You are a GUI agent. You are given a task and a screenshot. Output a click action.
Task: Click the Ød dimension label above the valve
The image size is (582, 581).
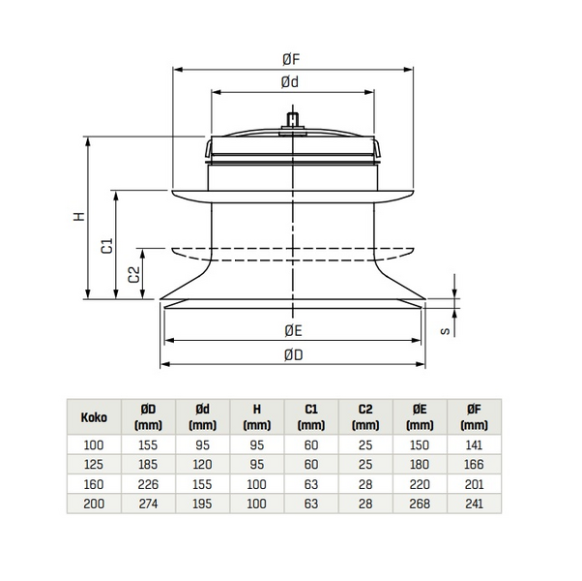point(290,83)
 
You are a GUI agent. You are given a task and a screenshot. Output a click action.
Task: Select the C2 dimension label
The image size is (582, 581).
point(134,274)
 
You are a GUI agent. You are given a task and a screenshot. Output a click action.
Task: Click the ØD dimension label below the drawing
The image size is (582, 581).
point(293,354)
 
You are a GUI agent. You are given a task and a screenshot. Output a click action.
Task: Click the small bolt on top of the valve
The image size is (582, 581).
point(292,121)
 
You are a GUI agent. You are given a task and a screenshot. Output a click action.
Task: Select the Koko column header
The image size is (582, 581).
point(94,418)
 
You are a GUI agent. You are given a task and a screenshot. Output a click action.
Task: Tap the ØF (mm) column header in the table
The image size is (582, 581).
point(474,418)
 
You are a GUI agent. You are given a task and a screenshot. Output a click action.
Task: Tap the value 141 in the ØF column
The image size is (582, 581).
point(474,443)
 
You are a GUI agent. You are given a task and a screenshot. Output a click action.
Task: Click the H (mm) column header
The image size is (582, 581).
point(255,418)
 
